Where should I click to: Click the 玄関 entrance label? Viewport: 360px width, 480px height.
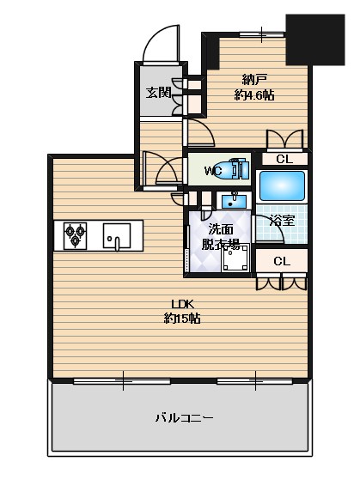158,92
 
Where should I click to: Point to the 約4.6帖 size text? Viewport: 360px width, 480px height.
254,95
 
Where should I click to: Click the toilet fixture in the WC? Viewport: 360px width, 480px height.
234,168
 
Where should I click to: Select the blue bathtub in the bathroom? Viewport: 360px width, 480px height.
282,185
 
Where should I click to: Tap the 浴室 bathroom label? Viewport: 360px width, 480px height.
282,220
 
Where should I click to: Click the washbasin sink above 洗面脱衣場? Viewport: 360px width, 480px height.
234,201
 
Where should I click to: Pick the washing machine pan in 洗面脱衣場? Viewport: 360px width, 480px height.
235,258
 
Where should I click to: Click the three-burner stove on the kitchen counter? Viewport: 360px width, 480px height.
75,236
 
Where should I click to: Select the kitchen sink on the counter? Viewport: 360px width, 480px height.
117,236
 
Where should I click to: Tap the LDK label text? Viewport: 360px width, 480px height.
183,304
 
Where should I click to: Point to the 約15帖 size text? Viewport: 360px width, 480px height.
183,319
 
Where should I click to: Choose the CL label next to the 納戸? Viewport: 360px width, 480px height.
284,159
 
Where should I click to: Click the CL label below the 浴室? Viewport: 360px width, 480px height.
282,261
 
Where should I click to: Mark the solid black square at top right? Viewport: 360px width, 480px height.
315,39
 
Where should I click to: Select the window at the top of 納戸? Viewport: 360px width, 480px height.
262,34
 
